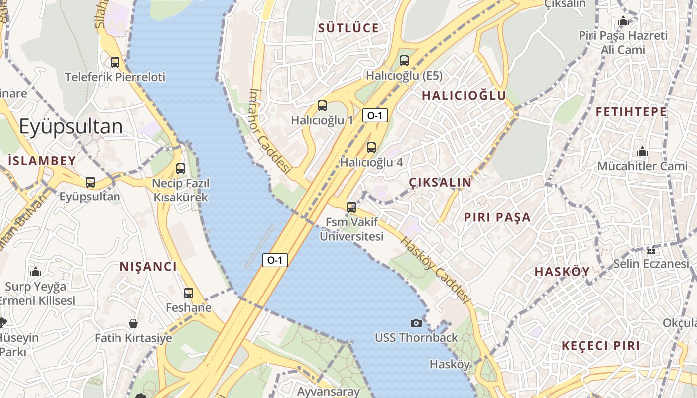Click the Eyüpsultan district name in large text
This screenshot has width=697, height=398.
[x=71, y=127]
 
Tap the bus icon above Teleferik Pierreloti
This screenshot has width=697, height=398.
[x=115, y=62]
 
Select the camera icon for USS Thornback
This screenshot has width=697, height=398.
[x=416, y=323]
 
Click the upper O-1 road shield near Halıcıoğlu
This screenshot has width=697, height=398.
[x=375, y=116]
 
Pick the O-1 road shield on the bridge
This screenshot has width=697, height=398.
[x=275, y=260]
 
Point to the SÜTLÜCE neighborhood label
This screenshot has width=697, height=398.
[x=348, y=28]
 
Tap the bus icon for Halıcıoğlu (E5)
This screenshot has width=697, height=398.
[x=404, y=61]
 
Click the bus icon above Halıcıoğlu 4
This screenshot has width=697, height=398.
[x=371, y=147]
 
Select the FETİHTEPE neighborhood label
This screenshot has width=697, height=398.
[x=631, y=112]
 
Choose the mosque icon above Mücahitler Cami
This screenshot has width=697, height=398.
[x=642, y=151]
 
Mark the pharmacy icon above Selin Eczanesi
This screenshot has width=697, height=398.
[x=651, y=249]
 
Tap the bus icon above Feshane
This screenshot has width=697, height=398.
[x=189, y=293]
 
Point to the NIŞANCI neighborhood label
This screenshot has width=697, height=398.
[x=148, y=267]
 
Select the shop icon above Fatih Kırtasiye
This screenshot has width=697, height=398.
[x=133, y=323]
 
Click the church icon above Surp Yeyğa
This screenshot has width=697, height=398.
[x=36, y=272]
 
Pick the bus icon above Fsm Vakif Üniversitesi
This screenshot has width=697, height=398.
[x=351, y=207]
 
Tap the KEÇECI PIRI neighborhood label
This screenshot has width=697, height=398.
[x=600, y=346]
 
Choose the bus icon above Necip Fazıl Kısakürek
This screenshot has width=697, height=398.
[x=181, y=168]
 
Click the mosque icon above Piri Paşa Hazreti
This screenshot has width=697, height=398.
[x=623, y=21]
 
